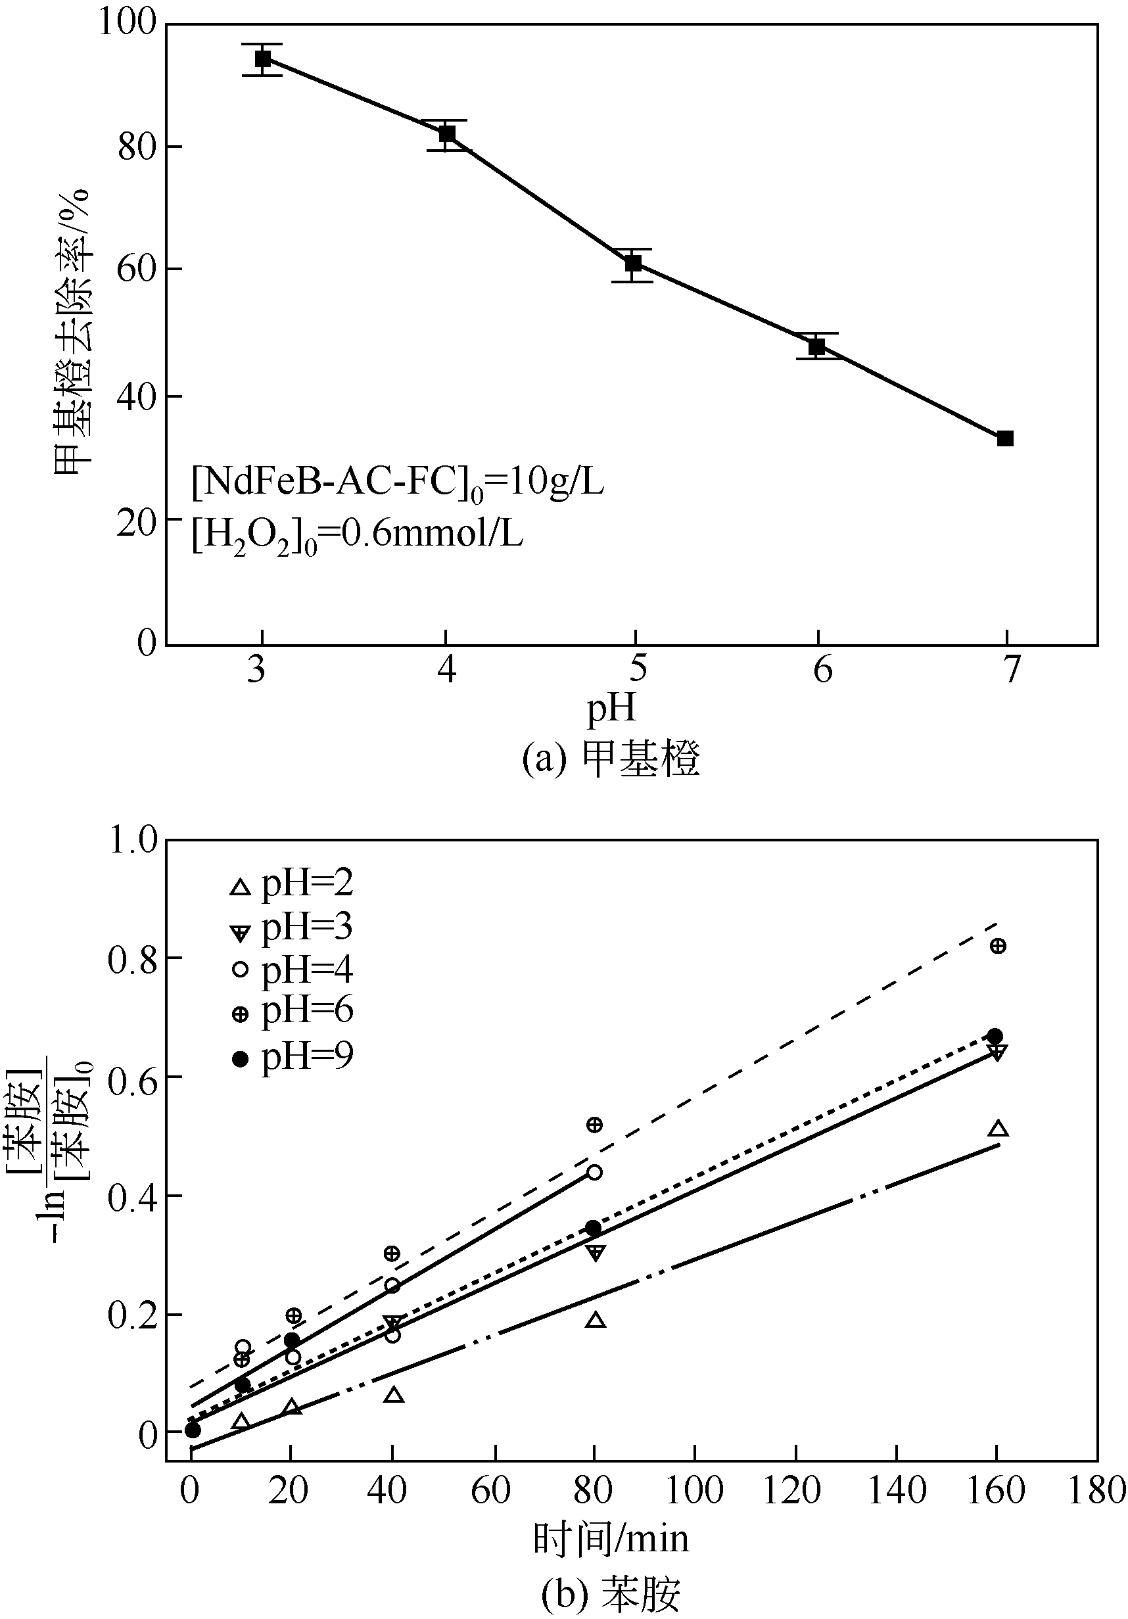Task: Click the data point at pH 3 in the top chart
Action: [x=262, y=59]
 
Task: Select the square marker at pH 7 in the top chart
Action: [x=1004, y=438]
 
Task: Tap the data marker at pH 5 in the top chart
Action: [x=632, y=264]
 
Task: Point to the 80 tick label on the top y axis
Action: [x=136, y=147]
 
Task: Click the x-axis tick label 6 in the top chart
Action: [x=822, y=669]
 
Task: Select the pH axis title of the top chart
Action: [x=612, y=709]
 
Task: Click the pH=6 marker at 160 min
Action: [x=998, y=946]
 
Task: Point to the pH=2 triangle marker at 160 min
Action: [x=998, y=1129]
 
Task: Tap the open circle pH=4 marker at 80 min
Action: [x=594, y=1172]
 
